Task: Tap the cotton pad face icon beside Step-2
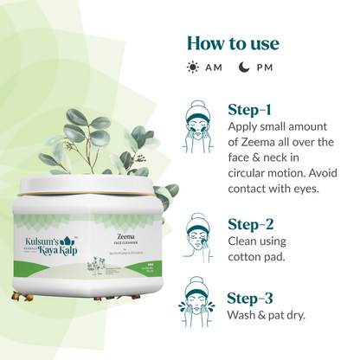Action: click(201, 234)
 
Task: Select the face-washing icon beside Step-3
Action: click(201, 308)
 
